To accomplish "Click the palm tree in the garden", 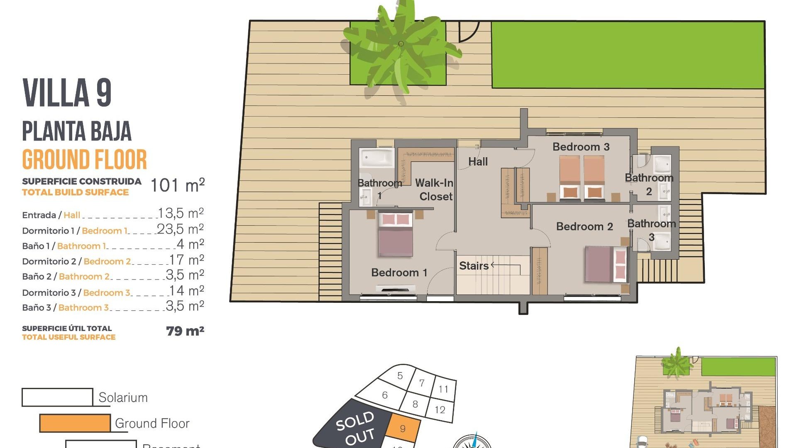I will pyautogui.click(x=401, y=46).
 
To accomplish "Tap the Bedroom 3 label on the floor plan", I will pyautogui.click(x=581, y=147).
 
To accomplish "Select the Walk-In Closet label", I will pyautogui.click(x=434, y=190).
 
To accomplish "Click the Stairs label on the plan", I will pyautogui.click(x=474, y=266).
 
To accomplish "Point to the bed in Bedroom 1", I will pyautogui.click(x=396, y=235).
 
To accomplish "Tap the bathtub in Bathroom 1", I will pyautogui.click(x=377, y=158).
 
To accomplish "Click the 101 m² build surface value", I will pyautogui.click(x=177, y=185).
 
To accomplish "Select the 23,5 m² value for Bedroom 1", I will pyautogui.click(x=180, y=229).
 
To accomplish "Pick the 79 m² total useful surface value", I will pyautogui.click(x=185, y=331).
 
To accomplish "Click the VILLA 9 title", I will pyautogui.click(x=67, y=93).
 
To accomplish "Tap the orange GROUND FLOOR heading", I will pyautogui.click(x=85, y=160).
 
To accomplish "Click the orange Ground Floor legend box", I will pyautogui.click(x=75, y=423).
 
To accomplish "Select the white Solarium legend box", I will pyautogui.click(x=57, y=397).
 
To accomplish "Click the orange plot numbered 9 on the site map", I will pyautogui.click(x=403, y=429).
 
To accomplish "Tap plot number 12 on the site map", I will pyautogui.click(x=440, y=410).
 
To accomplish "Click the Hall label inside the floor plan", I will pyautogui.click(x=478, y=162).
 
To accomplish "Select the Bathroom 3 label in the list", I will pyautogui.click(x=83, y=308).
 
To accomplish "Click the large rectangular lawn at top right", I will pyautogui.click(x=628, y=55).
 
